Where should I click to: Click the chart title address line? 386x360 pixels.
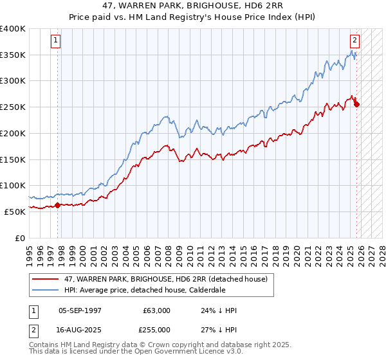coord(192,6)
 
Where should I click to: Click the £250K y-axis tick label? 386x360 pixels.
coord(13,107)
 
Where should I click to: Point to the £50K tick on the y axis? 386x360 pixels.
coord(15,211)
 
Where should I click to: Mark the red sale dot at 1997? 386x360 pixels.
coord(57,205)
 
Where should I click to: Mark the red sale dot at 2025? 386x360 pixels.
coord(356,105)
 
